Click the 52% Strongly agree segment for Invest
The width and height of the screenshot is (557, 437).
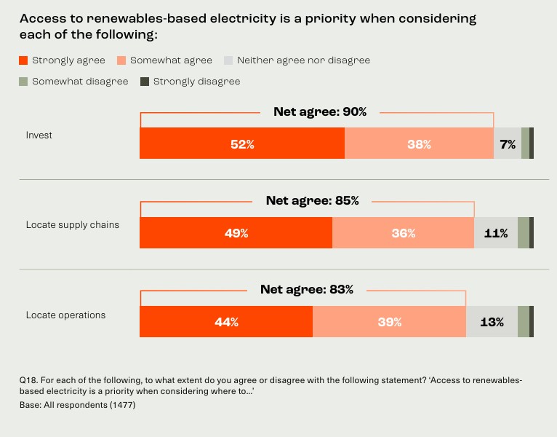click(x=242, y=143)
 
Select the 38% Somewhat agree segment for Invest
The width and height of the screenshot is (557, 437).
click(x=419, y=143)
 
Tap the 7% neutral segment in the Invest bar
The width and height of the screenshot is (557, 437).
click(x=508, y=143)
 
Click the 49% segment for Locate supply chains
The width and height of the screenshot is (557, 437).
click(x=236, y=233)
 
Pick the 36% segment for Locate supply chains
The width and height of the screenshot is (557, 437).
click(x=403, y=233)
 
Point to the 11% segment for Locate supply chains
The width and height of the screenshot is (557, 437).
click(x=496, y=233)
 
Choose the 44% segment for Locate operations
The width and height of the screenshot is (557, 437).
click(x=226, y=322)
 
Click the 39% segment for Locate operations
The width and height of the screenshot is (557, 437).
click(x=389, y=322)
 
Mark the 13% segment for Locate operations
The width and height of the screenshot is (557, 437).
click(x=492, y=322)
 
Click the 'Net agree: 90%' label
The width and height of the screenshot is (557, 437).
click(x=320, y=112)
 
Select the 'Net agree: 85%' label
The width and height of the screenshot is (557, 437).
click(x=312, y=201)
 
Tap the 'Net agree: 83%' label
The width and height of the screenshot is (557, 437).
click(x=307, y=290)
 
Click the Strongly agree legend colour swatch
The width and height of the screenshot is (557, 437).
click(x=23, y=60)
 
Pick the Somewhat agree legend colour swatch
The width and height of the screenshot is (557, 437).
click(x=121, y=60)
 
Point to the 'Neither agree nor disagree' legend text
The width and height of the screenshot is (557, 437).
click(x=303, y=60)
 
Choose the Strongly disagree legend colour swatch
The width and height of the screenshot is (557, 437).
click(x=145, y=82)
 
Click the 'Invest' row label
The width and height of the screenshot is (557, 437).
click(x=39, y=135)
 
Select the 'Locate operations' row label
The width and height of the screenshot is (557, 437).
click(x=65, y=315)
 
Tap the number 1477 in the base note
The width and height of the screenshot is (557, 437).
click(x=121, y=405)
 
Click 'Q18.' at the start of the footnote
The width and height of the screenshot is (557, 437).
click(x=28, y=380)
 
